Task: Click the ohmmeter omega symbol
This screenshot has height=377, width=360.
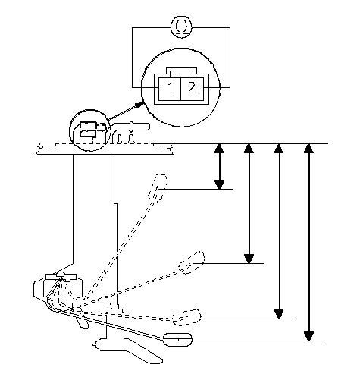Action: [181, 27]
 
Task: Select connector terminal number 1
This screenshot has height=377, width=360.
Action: [170, 89]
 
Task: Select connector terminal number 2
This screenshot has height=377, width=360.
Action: [192, 89]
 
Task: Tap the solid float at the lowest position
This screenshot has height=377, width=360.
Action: [177, 340]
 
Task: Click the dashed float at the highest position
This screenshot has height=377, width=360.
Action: [158, 188]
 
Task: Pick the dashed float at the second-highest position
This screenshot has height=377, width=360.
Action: [192, 262]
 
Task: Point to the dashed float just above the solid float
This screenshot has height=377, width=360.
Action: [186, 317]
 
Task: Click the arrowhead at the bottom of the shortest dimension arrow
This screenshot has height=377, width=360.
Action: [219, 184]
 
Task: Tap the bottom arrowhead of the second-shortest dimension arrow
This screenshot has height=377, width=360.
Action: [249, 259]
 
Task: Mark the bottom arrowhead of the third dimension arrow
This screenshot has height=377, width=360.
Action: [279, 314]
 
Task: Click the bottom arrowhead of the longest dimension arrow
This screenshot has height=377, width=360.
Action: [308, 336]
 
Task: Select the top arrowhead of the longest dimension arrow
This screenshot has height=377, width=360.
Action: [308, 149]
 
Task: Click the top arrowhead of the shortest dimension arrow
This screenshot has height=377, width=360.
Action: [219, 149]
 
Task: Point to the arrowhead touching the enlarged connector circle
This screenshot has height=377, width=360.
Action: [139, 105]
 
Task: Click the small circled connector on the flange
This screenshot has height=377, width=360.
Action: [90, 130]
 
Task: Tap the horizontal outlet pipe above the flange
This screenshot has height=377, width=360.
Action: [131, 127]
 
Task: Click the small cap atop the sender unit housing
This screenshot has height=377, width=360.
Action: [61, 275]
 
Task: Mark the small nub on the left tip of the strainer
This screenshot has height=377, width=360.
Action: [95, 344]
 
